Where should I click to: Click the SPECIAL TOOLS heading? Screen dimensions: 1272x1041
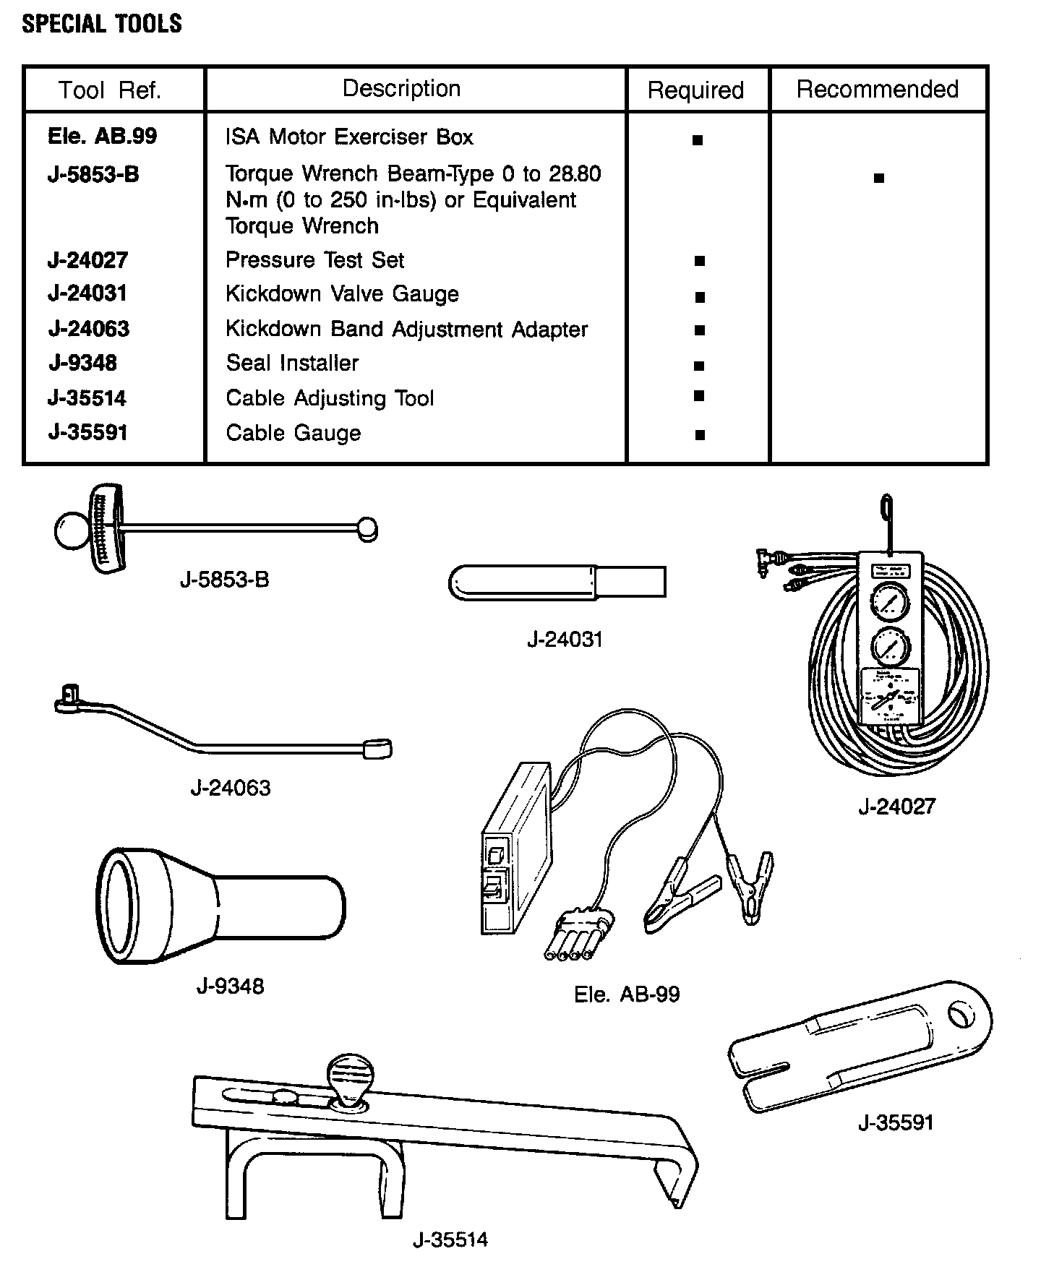point(102,24)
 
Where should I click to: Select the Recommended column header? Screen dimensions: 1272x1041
point(877,89)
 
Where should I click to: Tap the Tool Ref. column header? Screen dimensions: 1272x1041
point(110,90)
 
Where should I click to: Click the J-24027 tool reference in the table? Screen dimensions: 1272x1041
point(87,259)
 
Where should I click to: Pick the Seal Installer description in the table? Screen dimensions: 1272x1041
point(292,363)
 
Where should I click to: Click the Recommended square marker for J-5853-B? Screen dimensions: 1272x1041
point(878,178)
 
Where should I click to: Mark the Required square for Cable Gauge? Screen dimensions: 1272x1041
point(699,435)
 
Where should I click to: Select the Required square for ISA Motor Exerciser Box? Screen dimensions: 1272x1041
point(698,141)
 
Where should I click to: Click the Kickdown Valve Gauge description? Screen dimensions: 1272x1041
point(342,293)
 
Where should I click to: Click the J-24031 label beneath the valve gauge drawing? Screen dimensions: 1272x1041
point(564,639)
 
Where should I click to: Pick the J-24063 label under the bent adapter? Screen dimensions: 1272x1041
point(231,787)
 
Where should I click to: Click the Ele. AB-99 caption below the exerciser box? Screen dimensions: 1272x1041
point(627,994)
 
